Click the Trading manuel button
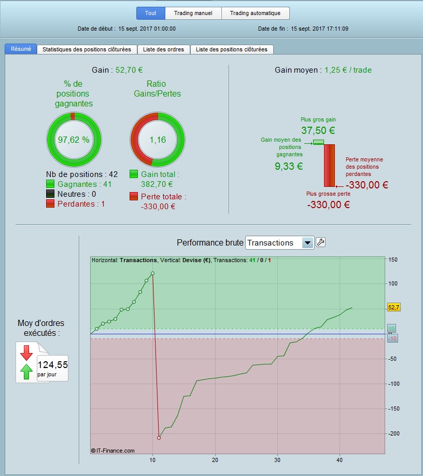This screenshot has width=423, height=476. click(x=193, y=13)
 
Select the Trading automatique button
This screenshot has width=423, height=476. click(x=255, y=13)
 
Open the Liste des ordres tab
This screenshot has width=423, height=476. click(x=164, y=49)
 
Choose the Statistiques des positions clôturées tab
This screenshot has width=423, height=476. click(x=87, y=49)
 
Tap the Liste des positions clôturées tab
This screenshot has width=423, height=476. click(x=232, y=49)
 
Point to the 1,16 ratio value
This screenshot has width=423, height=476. click(x=157, y=140)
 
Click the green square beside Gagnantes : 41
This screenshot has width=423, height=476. click(x=50, y=184)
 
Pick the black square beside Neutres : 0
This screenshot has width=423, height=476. click(x=50, y=194)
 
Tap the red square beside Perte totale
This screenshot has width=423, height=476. click(x=134, y=197)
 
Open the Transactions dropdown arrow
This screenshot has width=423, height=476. click(x=307, y=242)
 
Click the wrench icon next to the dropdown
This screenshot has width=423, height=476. click(x=321, y=242)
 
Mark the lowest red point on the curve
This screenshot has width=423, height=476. click(x=159, y=438)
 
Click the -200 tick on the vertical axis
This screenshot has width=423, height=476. click(x=393, y=433)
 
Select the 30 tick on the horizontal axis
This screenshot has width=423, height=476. click(x=277, y=459)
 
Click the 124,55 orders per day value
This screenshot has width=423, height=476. click(x=52, y=365)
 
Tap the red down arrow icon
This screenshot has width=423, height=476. click(x=26, y=353)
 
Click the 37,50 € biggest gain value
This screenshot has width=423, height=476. click(x=318, y=131)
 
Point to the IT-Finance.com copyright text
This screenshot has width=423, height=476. click(x=112, y=451)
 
